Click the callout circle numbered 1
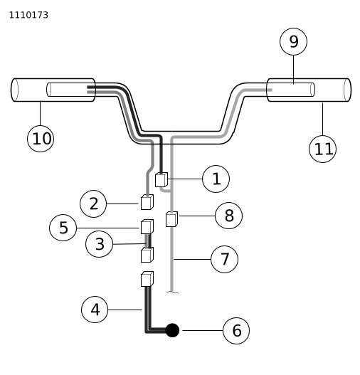coord(216,179)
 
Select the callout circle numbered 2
coord(93,204)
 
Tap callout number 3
coord(99,244)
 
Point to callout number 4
coord(95,310)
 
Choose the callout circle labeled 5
coord(63,228)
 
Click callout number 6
coord(236,330)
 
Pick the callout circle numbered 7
coord(224,259)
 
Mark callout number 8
coord(229,216)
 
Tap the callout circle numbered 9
coord(293,41)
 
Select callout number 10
coord(41,139)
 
